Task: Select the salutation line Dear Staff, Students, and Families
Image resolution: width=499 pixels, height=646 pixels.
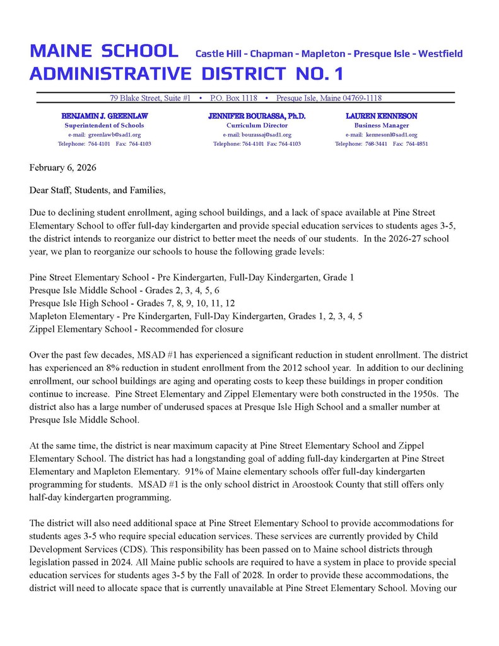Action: coord(97,190)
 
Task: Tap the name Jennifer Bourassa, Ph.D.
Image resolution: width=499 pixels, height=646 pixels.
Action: coord(257,116)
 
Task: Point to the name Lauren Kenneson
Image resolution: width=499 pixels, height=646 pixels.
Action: coord(381,116)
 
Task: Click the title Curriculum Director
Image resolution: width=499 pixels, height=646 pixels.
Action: coord(257,126)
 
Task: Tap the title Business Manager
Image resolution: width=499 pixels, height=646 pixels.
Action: coord(381,126)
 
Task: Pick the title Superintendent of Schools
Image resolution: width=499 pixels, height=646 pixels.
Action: coord(104,126)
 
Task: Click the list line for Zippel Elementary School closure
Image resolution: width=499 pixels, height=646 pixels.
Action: coord(136,329)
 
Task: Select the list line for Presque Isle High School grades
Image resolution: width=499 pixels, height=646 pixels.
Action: coord(132,302)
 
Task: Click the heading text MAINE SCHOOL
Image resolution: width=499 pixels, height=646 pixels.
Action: coord(104,51)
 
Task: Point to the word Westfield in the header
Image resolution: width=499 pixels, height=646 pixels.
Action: coord(440,54)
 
